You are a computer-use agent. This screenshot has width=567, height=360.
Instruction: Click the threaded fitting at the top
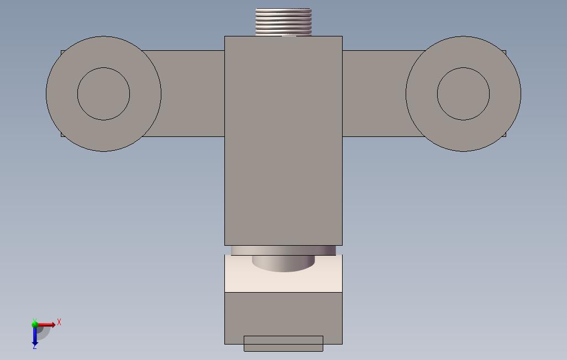tap(283, 22)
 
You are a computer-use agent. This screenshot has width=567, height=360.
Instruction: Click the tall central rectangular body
tap(283, 141)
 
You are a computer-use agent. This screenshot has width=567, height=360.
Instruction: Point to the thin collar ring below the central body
tap(283, 250)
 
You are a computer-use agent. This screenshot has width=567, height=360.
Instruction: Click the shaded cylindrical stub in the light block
tap(283, 263)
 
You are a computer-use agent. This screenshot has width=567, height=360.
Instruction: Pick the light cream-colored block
tap(283, 282)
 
